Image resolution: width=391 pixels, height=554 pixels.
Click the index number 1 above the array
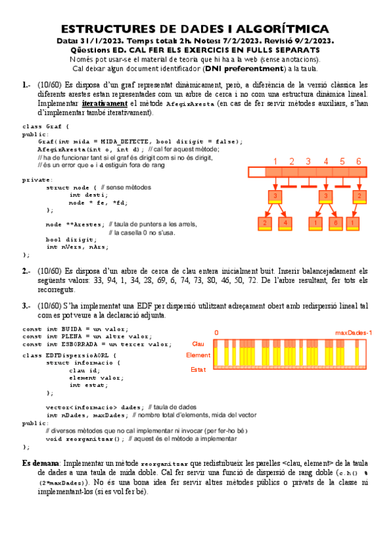click(x=275, y=161)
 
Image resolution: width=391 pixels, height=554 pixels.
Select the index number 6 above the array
click(x=358, y=161)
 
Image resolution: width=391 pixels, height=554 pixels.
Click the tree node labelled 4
click(x=286, y=223)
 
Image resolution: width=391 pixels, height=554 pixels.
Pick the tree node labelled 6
click(x=335, y=223)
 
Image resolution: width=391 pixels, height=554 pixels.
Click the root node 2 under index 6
click(x=358, y=196)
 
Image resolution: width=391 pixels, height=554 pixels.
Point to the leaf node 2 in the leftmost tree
click(x=264, y=223)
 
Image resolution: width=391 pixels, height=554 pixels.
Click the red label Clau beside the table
click(x=198, y=344)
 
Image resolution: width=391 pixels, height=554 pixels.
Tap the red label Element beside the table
click(x=198, y=355)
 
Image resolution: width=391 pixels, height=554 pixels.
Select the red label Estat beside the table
click(x=198, y=369)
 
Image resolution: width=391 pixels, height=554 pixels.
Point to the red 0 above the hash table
click(x=216, y=333)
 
